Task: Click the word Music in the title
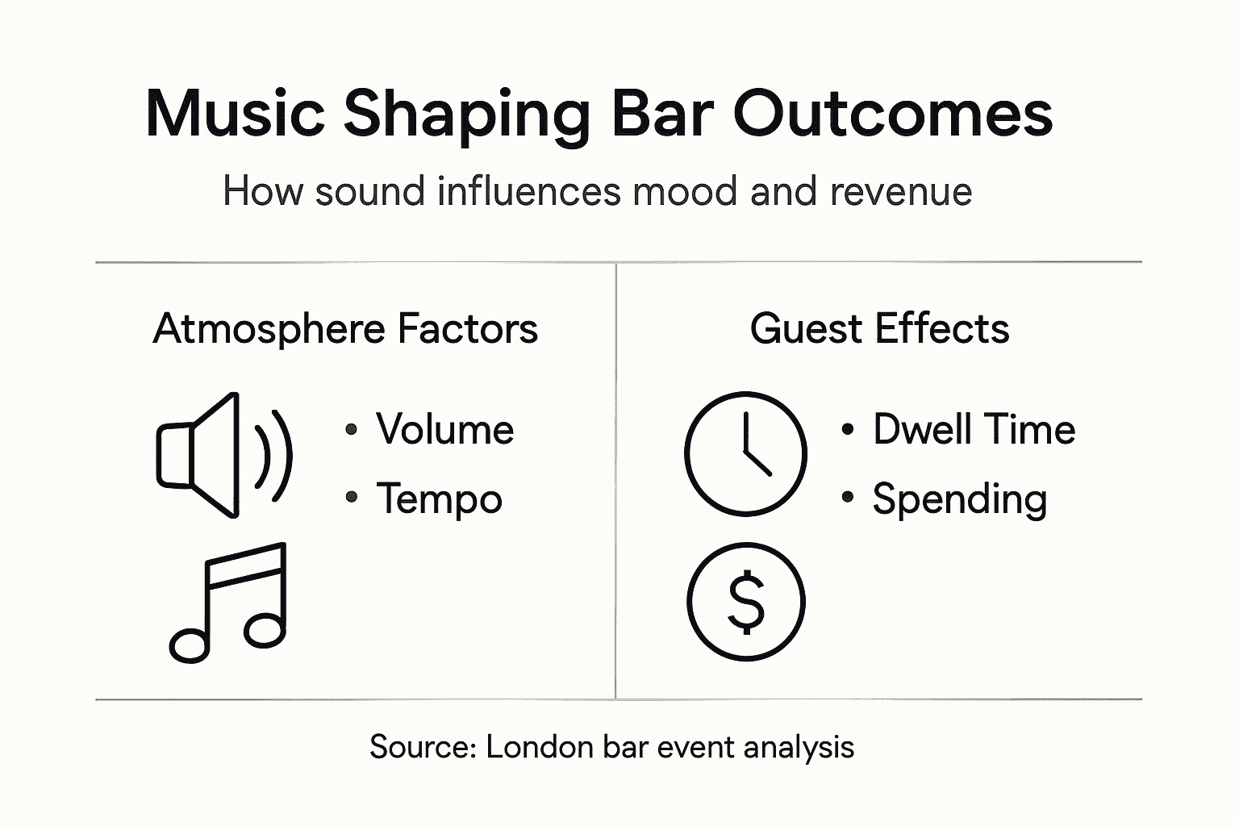coord(235,114)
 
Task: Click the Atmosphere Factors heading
coord(345,329)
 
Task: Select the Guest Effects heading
coord(879,329)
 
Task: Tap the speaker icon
coord(202,455)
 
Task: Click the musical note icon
coord(228,603)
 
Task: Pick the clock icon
coord(745,453)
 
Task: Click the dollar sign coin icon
coord(746,601)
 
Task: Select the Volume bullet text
coord(444,429)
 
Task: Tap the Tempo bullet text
coord(439,499)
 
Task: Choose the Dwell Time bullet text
coord(974,429)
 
